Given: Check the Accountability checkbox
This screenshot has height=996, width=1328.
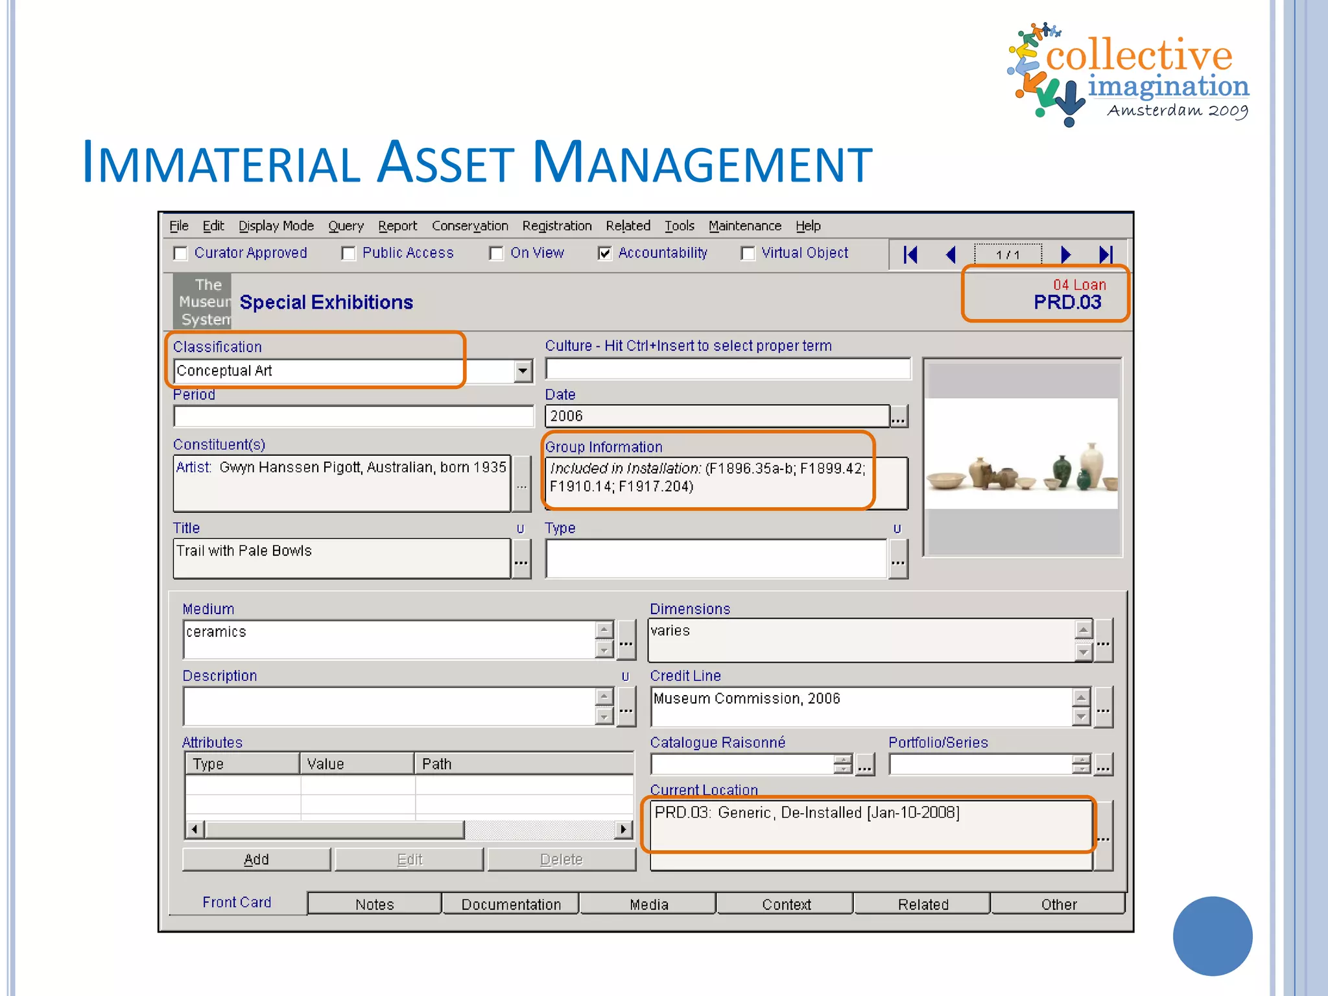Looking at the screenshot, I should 604,254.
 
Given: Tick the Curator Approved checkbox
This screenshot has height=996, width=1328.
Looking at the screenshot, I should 181,254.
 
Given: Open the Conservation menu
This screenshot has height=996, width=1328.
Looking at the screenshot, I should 469,226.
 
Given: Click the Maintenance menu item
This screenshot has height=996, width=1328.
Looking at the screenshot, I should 744,226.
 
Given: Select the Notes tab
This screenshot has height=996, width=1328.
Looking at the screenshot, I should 374,904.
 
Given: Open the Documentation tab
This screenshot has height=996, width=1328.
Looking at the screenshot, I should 511,904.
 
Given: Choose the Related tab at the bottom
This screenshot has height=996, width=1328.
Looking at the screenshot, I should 923,904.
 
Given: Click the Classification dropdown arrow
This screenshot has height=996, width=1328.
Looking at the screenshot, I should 523,371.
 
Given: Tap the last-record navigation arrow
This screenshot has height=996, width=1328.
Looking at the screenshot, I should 1106,255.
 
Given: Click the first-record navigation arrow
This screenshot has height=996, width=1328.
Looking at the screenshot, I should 910,255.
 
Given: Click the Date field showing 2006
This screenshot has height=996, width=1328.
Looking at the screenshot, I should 717,416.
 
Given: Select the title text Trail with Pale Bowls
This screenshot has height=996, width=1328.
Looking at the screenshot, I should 244,551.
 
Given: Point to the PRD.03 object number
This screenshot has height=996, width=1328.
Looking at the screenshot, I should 1067,302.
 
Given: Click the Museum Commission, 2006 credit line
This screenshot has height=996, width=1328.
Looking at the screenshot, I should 746,698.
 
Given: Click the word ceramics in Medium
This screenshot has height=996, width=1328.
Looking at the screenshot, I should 216,632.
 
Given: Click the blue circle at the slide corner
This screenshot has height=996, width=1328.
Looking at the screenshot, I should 1212,936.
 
